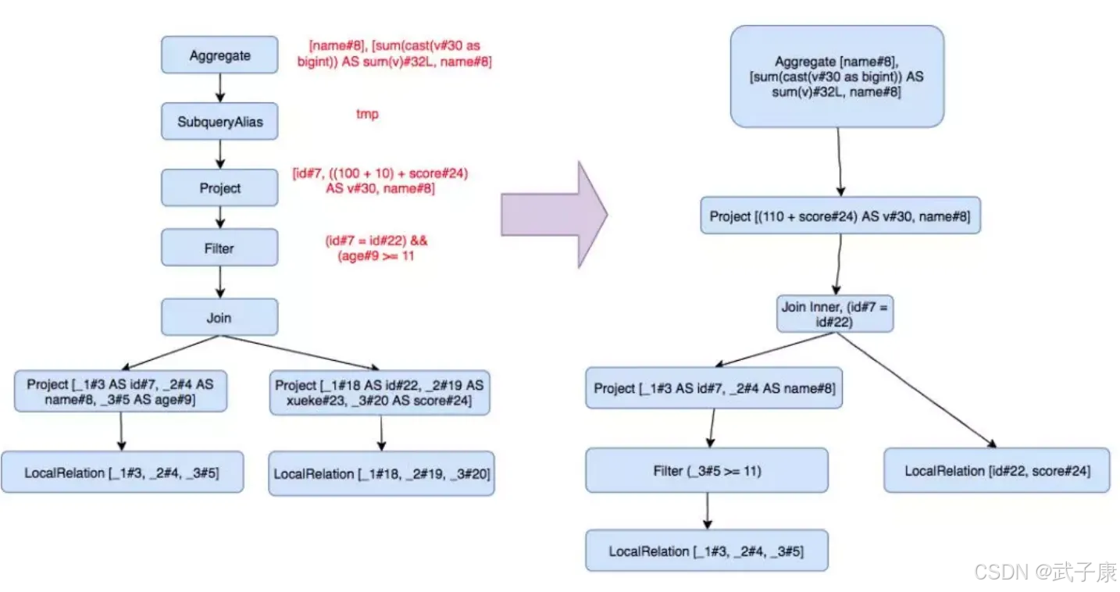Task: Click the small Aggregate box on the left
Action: [219, 55]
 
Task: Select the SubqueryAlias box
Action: [219, 122]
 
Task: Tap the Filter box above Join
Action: [219, 248]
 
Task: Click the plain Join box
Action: [219, 317]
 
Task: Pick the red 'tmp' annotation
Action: [367, 114]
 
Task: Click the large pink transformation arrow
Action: [554, 215]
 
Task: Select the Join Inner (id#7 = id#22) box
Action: [834, 313]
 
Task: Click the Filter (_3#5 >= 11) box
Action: [707, 470]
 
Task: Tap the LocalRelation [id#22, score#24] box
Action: [997, 470]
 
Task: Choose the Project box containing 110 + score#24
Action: [840, 216]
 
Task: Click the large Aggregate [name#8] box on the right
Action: [837, 77]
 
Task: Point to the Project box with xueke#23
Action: [380, 393]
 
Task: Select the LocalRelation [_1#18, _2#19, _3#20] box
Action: [381, 473]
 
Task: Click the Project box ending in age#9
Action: [120, 391]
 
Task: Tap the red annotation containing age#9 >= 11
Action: [376, 248]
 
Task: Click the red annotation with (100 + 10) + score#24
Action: [380, 180]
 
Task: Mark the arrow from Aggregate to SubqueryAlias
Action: [220, 88]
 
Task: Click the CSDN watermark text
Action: [1045, 572]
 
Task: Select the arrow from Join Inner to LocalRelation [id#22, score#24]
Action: [916, 390]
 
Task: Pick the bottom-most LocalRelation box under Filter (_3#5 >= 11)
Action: [707, 551]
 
